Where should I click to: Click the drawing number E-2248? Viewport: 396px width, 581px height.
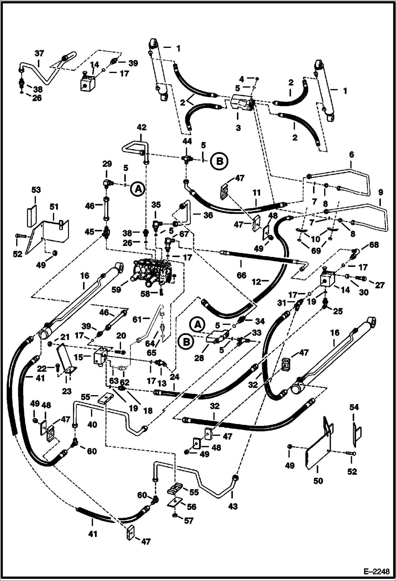(x=378, y=572)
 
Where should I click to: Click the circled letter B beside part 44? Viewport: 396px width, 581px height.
(x=219, y=161)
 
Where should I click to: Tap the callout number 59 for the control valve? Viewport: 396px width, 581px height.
(x=116, y=290)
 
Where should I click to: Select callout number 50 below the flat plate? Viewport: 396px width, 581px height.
(x=318, y=481)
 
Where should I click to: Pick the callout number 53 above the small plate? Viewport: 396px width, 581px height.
(x=36, y=190)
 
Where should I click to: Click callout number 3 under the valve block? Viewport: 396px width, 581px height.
(x=238, y=128)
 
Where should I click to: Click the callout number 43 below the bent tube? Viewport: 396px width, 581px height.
(x=233, y=506)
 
